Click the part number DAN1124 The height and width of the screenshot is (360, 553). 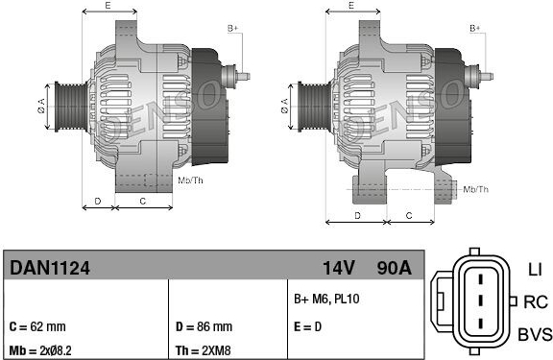coord(50,268)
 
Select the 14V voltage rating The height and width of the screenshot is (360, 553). coord(339,268)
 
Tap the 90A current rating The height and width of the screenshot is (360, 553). coord(394,268)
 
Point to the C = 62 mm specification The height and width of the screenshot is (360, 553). coord(37,326)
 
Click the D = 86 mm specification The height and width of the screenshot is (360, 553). coord(204,326)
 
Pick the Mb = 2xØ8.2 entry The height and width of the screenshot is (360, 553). coord(40,350)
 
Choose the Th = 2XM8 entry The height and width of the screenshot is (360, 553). coord(204,350)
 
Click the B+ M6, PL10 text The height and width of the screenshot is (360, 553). coord(327,299)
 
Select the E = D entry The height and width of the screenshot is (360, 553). coord(308,326)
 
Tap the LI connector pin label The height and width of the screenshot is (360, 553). coord(535,270)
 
